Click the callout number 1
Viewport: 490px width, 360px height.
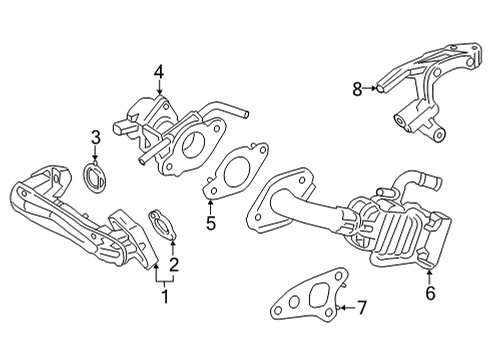[x=167, y=297]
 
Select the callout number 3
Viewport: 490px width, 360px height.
[x=96, y=137]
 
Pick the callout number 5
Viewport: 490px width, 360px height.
[x=210, y=224]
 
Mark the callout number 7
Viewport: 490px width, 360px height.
[x=363, y=307]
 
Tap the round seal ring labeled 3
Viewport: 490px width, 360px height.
[x=97, y=181]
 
